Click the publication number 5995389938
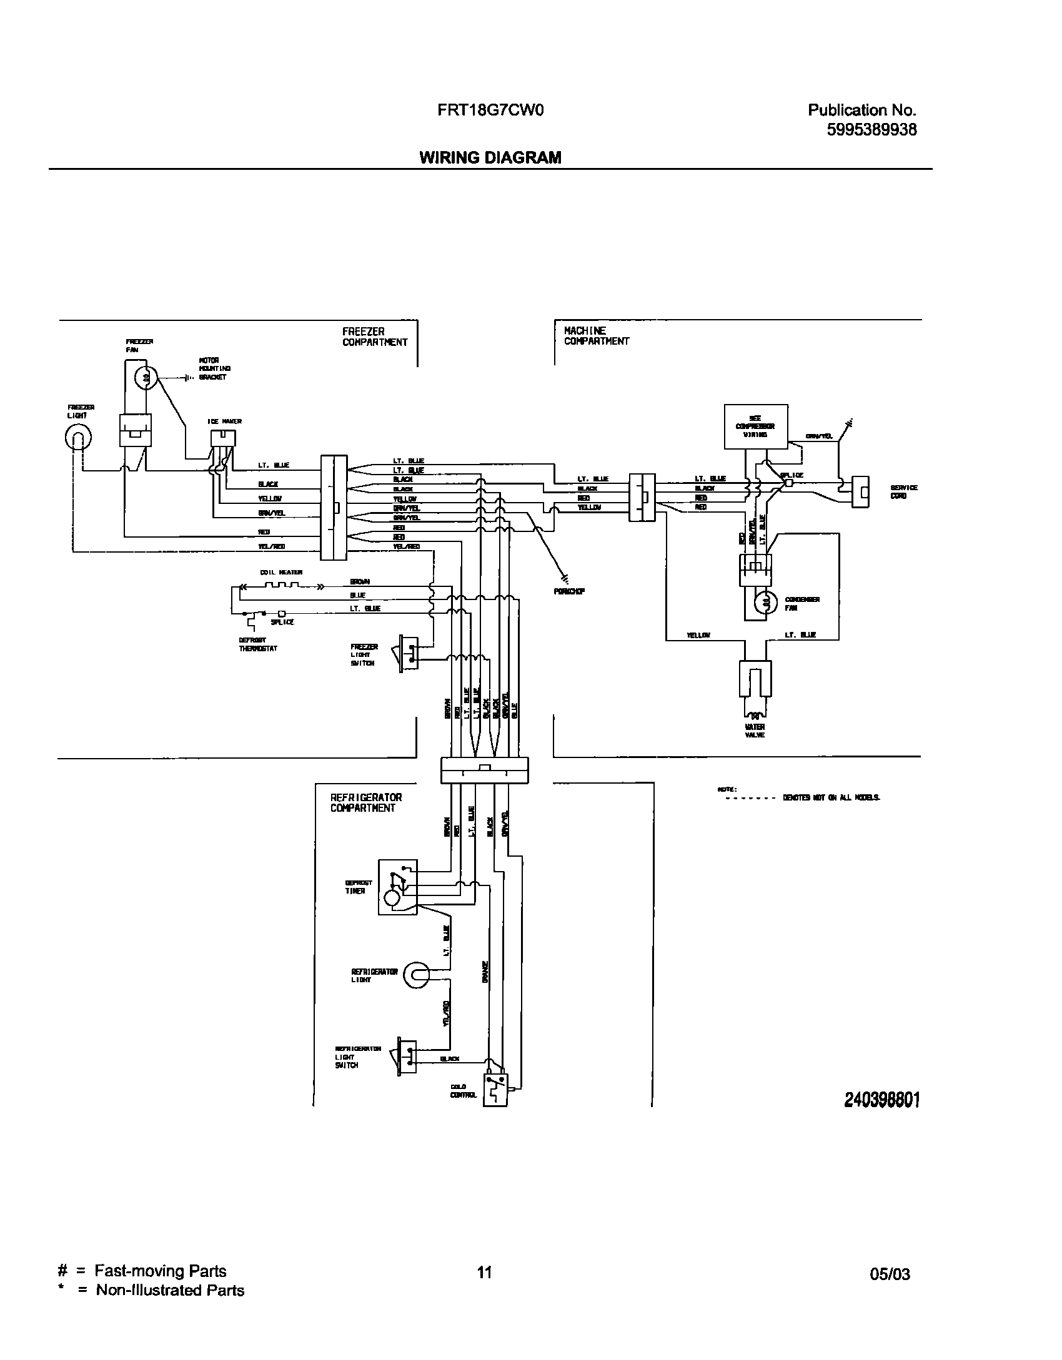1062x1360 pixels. click(x=871, y=130)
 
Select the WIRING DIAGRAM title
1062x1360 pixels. click(x=490, y=157)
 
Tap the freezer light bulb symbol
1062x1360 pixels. click(x=78, y=436)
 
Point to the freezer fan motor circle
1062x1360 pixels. click(x=146, y=377)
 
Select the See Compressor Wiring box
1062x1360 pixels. click(x=755, y=426)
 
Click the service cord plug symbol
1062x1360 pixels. click(x=861, y=492)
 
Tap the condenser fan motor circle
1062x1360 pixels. click(x=763, y=603)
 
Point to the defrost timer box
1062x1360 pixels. click(x=397, y=887)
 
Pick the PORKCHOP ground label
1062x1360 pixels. click(x=568, y=591)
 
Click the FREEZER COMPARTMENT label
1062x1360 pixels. click(x=375, y=337)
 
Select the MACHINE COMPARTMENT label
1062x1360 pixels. click(x=596, y=335)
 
